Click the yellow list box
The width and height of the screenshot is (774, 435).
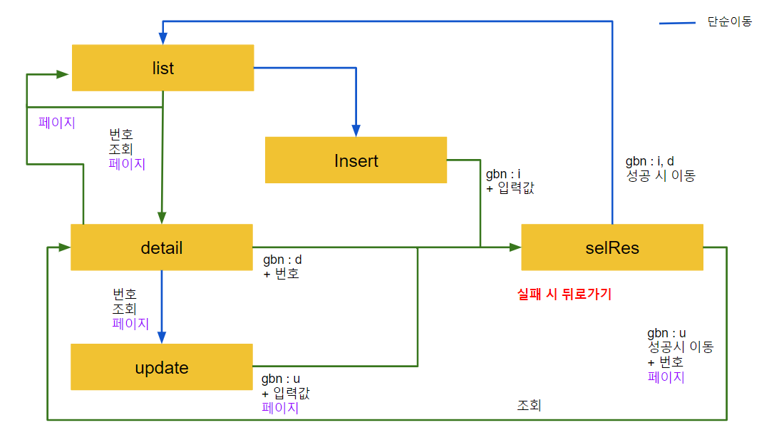(162, 68)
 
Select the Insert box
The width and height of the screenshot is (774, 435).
(356, 160)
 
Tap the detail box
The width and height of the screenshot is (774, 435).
(162, 247)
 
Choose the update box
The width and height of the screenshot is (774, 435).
(162, 367)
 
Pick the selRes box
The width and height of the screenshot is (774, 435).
(612, 247)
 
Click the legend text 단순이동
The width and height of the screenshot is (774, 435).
(729, 22)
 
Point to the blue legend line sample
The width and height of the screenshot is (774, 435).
(676, 24)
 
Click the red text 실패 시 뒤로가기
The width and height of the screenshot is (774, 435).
(564, 294)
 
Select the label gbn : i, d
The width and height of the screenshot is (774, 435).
(649, 161)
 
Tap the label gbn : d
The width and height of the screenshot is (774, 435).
(282, 259)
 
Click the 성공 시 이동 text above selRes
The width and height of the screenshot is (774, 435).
(659, 175)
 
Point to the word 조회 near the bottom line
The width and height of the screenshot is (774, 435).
(529, 406)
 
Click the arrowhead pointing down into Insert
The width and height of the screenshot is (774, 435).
(354, 130)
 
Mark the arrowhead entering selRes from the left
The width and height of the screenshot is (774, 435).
(515, 247)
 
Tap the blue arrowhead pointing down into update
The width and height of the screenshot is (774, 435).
(162, 337)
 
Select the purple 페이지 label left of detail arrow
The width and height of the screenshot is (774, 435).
(57, 122)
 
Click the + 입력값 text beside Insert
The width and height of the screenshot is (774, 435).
(510, 188)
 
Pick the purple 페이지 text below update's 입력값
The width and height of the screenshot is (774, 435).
(280, 408)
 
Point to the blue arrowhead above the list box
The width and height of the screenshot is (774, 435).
(162, 38)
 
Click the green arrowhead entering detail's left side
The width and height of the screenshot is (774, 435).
(64, 247)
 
